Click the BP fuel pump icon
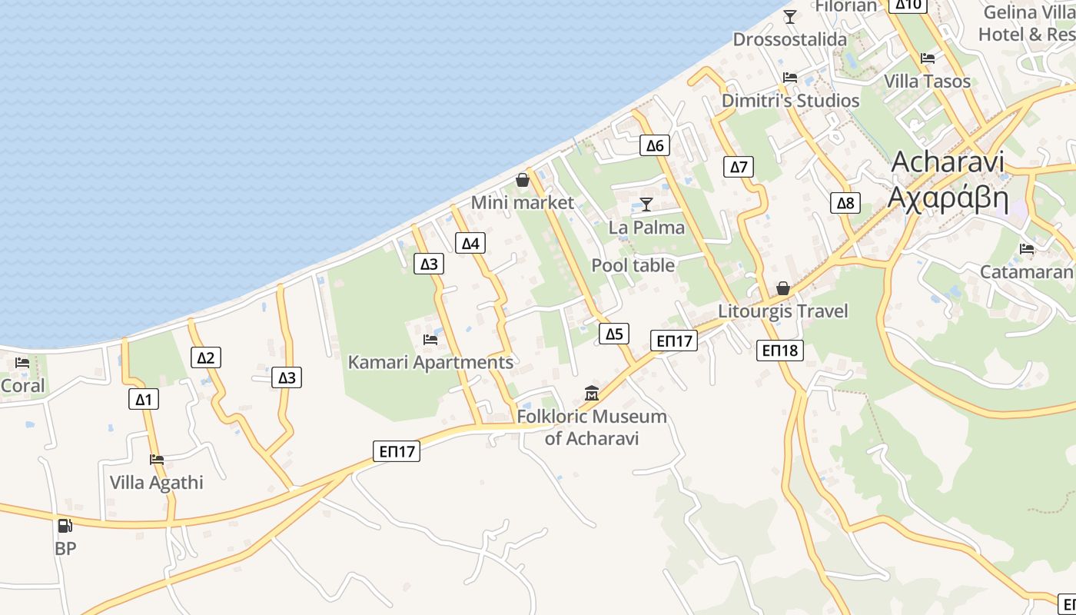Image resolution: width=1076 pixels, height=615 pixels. pyautogui.click(x=65, y=526)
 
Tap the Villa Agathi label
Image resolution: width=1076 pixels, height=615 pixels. pyautogui.click(x=157, y=483)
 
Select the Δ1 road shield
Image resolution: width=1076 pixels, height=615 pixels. pyautogui.click(x=144, y=398)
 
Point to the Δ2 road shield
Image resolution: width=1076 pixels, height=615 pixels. pyautogui.click(x=205, y=357)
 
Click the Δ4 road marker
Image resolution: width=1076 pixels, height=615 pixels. pyautogui.click(x=470, y=244)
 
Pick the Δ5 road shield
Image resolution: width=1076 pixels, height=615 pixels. pyautogui.click(x=613, y=334)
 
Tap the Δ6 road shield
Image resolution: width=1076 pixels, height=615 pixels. pyautogui.click(x=654, y=145)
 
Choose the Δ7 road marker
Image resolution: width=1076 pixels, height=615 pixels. pyautogui.click(x=739, y=167)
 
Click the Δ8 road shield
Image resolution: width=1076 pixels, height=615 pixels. pyautogui.click(x=845, y=203)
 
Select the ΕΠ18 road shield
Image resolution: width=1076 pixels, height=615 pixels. pyautogui.click(x=780, y=351)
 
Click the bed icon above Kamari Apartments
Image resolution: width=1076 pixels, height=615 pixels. pyautogui.click(x=430, y=339)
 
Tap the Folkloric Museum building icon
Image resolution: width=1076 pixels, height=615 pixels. pyautogui.click(x=592, y=394)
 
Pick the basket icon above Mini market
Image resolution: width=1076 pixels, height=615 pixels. pyautogui.click(x=523, y=180)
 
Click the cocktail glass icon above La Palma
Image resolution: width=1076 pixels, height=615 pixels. pyautogui.click(x=646, y=204)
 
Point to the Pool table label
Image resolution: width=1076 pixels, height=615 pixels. pyautogui.click(x=633, y=265)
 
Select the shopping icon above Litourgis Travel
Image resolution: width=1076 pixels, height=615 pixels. pyautogui.click(x=782, y=288)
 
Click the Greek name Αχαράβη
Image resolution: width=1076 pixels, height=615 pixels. pyautogui.click(x=948, y=198)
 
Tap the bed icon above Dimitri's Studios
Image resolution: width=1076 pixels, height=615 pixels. pyautogui.click(x=790, y=78)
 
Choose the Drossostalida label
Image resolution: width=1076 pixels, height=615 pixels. pyautogui.click(x=790, y=39)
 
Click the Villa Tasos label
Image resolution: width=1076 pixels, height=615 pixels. pyautogui.click(x=927, y=81)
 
